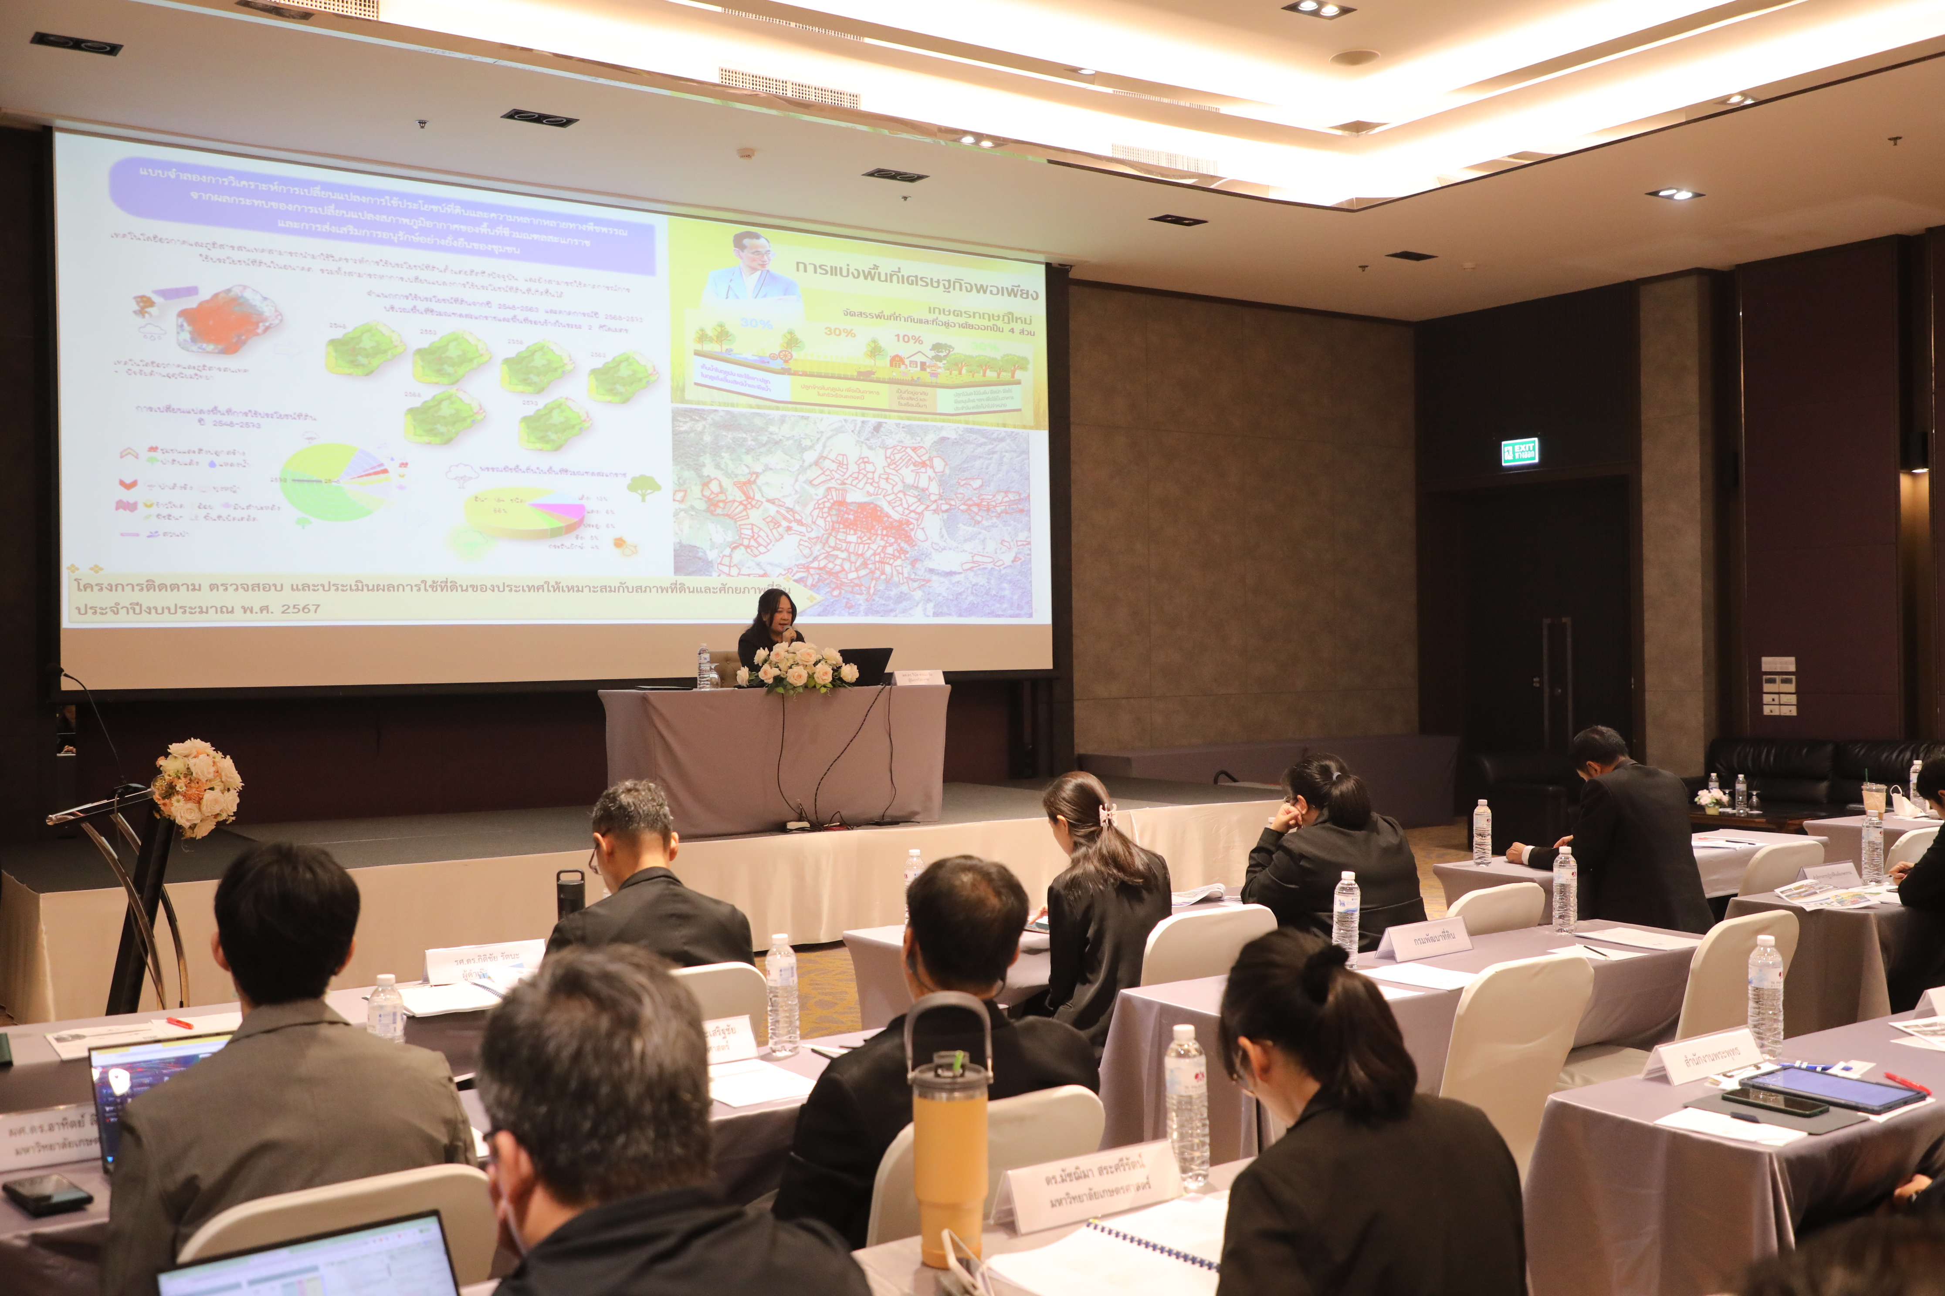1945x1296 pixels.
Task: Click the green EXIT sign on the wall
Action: (1520, 452)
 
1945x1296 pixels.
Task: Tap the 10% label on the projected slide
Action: (908, 339)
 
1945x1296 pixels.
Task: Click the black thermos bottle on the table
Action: (569, 893)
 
